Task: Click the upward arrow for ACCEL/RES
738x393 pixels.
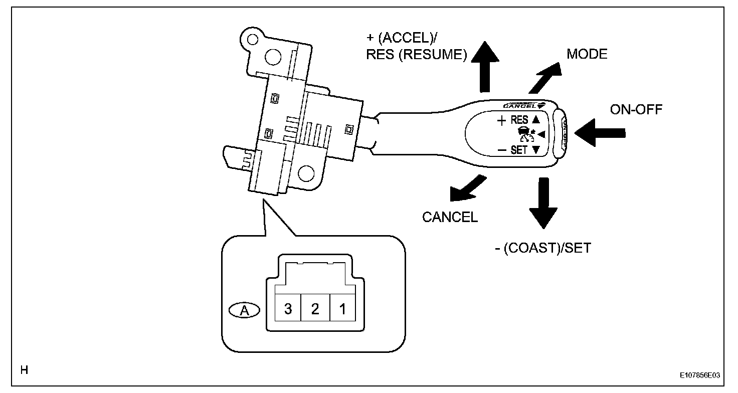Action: coord(485,67)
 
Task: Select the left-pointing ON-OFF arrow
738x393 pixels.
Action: coord(600,133)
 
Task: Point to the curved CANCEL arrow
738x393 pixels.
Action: coord(467,189)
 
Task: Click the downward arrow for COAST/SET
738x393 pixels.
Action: coord(543,203)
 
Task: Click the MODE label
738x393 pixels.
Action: coord(587,54)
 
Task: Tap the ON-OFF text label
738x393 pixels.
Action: coord(636,109)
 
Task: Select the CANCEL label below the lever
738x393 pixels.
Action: coord(450,217)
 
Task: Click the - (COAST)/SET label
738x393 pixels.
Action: coord(543,248)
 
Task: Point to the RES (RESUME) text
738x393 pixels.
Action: coord(417,54)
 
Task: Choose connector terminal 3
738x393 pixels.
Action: coord(288,308)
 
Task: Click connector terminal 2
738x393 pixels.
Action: coord(315,308)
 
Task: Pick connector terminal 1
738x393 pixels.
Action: coord(342,308)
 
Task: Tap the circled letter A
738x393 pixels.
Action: coord(244,310)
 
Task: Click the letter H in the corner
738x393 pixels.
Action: coord(24,370)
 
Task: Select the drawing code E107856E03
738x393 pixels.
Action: coord(700,375)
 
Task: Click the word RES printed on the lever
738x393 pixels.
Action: coord(519,120)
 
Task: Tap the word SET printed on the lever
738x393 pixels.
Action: coord(519,150)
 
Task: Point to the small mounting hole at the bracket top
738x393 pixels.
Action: coord(252,40)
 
